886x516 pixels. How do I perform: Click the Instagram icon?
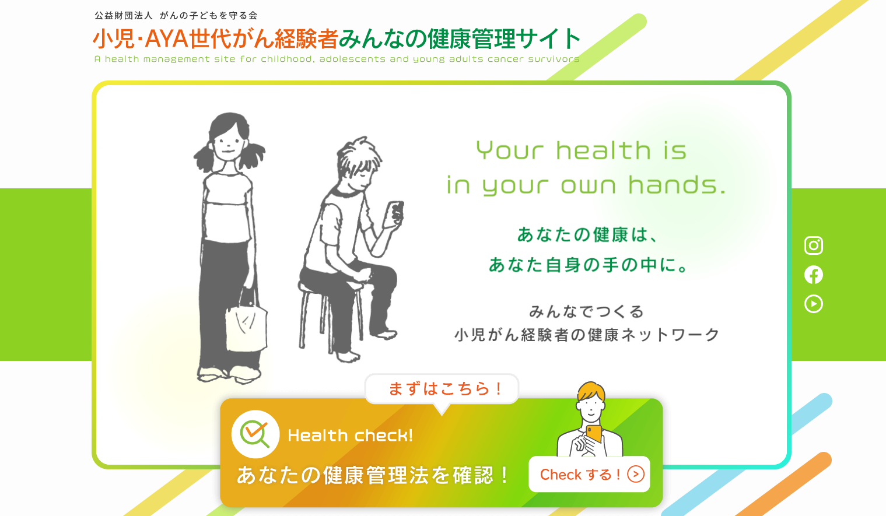coord(814,245)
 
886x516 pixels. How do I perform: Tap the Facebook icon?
coord(814,275)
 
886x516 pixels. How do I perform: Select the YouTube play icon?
coord(814,304)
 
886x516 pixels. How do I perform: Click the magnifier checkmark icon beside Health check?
coord(255,434)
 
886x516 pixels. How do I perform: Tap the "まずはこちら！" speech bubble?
coord(442,389)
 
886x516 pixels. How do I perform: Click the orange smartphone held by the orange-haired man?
coord(594,434)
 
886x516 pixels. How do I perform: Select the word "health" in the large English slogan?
coord(603,150)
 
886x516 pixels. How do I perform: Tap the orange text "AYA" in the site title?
coord(166,39)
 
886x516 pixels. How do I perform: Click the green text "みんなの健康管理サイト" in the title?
coord(460,38)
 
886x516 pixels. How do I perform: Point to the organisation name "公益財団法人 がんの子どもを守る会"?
coord(176,15)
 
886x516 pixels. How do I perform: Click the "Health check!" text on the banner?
coord(350,436)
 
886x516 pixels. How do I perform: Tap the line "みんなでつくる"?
coord(587,311)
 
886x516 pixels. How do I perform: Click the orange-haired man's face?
coord(590,408)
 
